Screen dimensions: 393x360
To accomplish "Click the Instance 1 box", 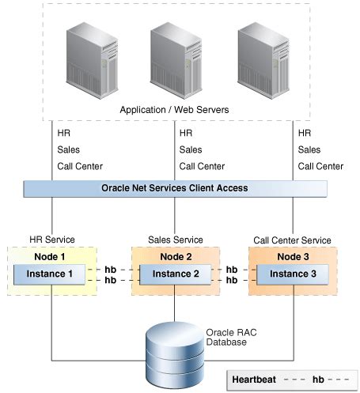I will (x=52, y=274).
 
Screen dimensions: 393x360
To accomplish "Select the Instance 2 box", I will (x=174, y=274).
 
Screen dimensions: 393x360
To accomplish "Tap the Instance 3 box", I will (x=292, y=274).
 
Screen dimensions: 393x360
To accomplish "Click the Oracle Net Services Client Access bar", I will (x=175, y=188).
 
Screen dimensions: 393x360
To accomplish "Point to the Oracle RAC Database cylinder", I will (x=175, y=350).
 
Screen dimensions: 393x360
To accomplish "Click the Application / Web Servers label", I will (x=175, y=110).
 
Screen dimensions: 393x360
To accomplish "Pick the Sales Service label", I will (x=175, y=239).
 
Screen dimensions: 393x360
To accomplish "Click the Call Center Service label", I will (x=292, y=239).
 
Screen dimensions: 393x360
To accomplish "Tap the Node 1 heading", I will (x=52, y=256).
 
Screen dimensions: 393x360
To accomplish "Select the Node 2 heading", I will (x=174, y=256).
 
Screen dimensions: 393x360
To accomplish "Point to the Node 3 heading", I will (x=292, y=256).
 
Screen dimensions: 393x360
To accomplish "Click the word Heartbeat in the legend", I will (x=255, y=379).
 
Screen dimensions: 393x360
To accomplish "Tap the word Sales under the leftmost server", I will (x=69, y=149).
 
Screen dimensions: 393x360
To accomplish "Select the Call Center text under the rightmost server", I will (x=320, y=166).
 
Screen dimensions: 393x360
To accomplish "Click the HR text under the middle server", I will (x=186, y=133).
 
